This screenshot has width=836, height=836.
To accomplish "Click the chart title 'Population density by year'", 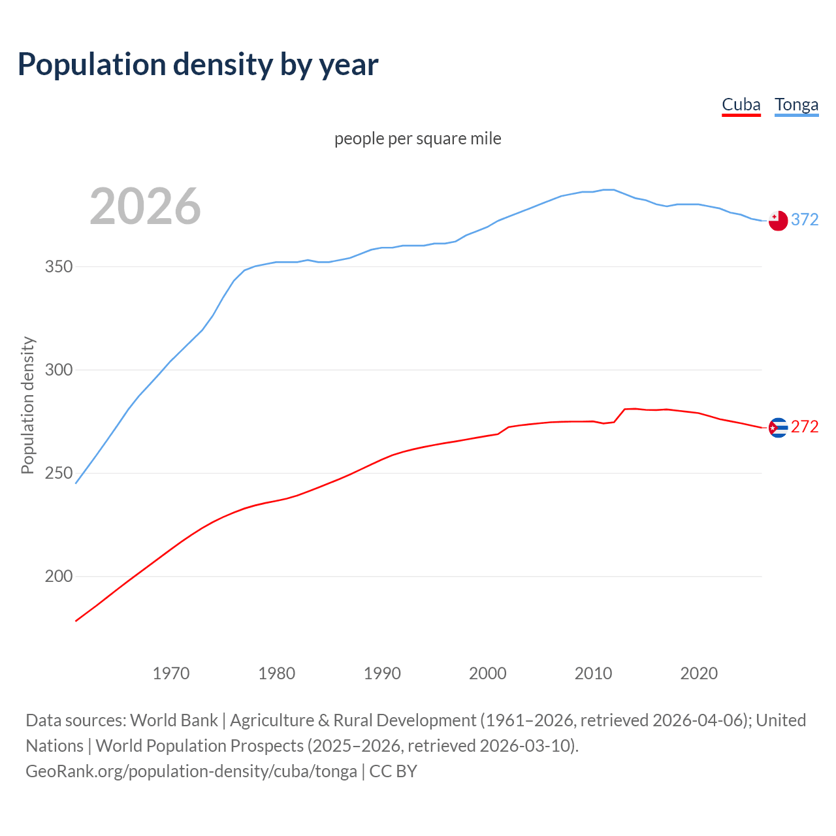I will [198, 65].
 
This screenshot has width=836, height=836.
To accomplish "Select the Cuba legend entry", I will [741, 105].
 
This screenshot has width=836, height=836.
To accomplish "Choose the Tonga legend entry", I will [796, 105].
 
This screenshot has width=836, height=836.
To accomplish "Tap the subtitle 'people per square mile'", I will [418, 138].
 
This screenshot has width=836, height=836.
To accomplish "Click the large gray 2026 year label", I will [145, 206].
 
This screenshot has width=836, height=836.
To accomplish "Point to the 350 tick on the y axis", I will [59, 267].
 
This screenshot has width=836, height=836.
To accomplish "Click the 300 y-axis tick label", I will [59, 370].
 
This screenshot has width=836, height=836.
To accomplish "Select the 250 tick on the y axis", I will [59, 474].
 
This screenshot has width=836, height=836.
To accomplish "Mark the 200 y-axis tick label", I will [59, 577].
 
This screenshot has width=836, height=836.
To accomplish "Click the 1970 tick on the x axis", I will [171, 673].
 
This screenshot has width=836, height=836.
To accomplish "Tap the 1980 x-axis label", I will [276, 673].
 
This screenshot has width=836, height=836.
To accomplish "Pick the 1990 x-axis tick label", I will [382, 673].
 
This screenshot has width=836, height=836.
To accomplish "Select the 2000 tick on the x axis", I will [488, 673].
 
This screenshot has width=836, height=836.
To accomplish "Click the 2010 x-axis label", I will [593, 673].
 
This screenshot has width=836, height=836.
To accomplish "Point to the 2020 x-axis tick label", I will [699, 673].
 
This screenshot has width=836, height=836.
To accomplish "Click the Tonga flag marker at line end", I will [778, 221].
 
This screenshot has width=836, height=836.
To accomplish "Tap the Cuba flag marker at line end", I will [778, 428].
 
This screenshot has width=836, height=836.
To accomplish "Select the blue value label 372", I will [805, 220].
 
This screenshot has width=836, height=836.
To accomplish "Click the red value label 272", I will [805, 427].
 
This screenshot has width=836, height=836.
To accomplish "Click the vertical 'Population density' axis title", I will [27, 405].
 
